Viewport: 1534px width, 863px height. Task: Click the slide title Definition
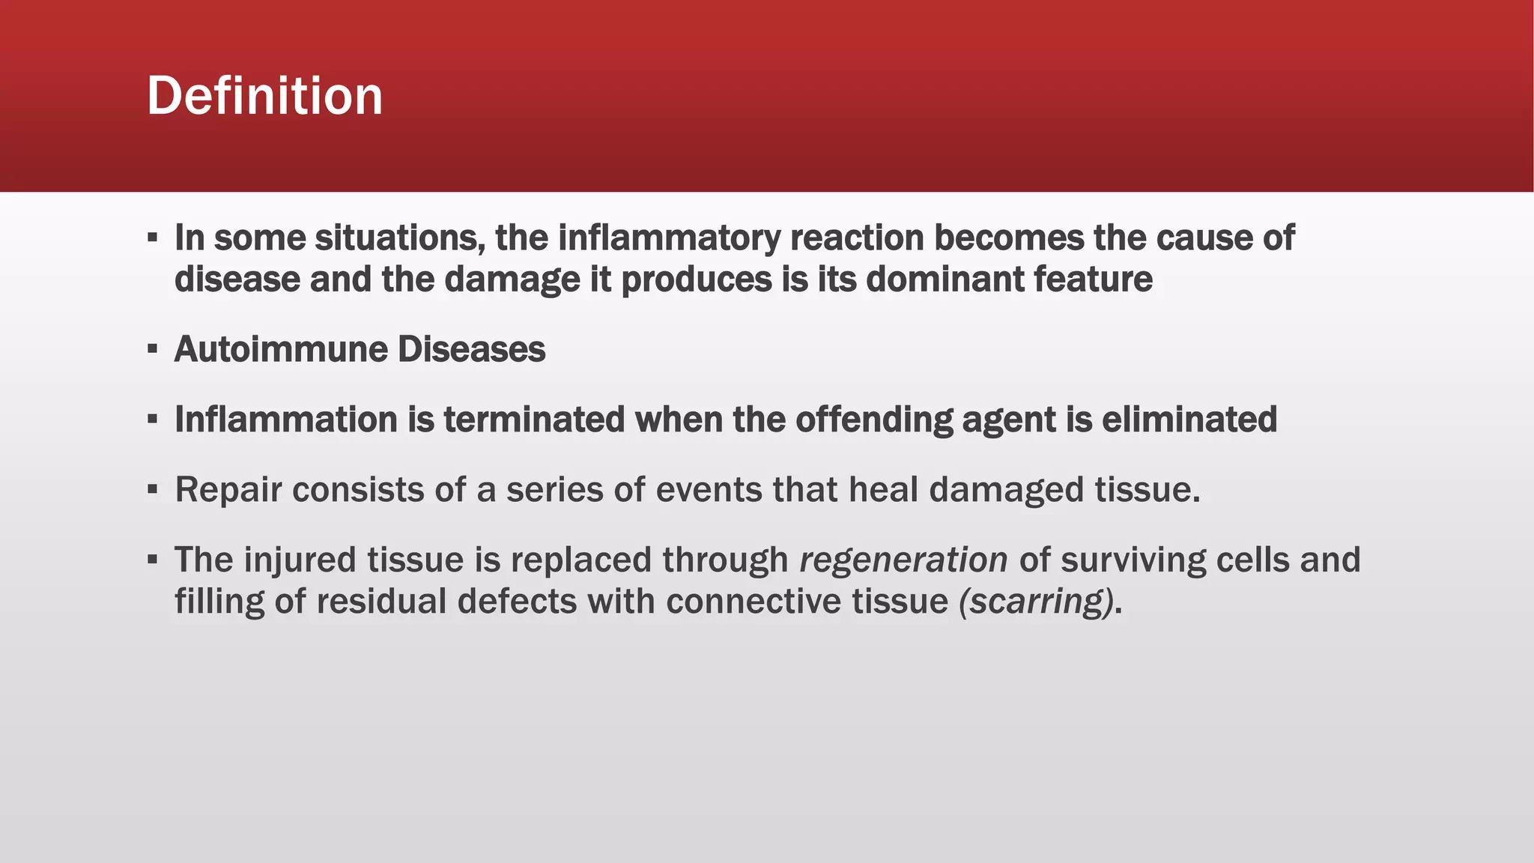point(264,96)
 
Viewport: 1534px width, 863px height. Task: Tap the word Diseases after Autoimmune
point(471,349)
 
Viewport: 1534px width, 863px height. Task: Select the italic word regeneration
point(903,560)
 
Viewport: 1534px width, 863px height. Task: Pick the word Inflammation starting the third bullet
point(285,420)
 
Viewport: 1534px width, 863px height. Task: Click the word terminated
point(534,420)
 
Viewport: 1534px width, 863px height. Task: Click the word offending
point(873,420)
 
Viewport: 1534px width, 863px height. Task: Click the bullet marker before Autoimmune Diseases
point(153,349)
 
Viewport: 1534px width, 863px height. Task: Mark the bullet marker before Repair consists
point(153,490)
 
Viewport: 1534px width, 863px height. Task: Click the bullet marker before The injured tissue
point(153,560)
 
